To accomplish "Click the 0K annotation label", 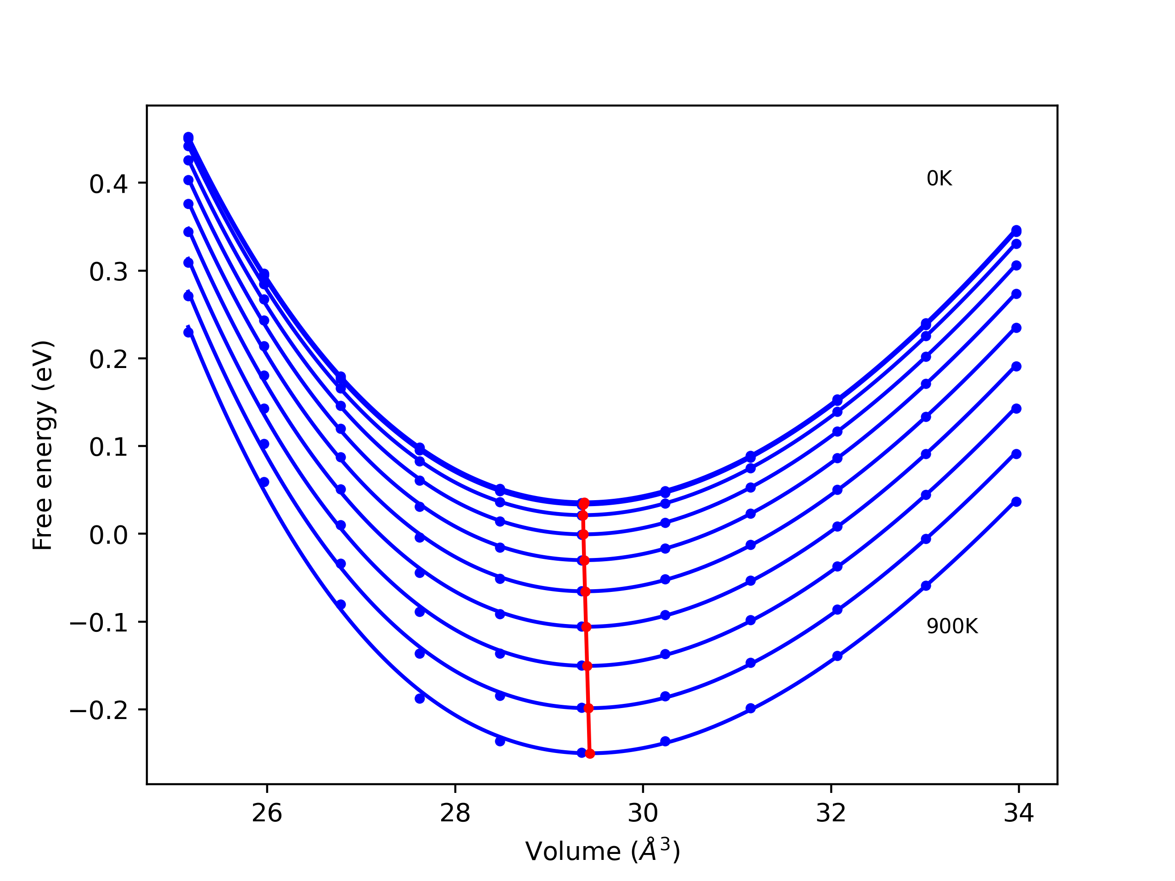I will (x=939, y=179).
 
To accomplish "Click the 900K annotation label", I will (x=952, y=627).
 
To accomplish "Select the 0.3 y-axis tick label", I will (x=108, y=272).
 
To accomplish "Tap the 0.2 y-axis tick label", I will (x=108, y=360).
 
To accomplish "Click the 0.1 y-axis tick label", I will (x=108, y=447).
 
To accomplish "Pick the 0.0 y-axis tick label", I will (x=108, y=535).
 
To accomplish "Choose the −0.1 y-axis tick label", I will (x=99, y=622).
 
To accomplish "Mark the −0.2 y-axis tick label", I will (x=99, y=710).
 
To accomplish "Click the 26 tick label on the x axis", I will (x=267, y=813).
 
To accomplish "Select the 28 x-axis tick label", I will (x=455, y=813).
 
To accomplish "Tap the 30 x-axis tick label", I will (x=643, y=813).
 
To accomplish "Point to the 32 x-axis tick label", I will (x=831, y=813).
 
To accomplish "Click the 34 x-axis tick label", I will (x=1018, y=813).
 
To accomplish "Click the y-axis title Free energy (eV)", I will (x=43, y=445).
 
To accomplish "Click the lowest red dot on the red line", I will (x=590, y=753).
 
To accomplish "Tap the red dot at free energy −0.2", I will (x=588, y=708).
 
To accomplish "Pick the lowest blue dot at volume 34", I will (x=1016, y=502).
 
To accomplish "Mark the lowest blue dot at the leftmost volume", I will (x=188, y=332).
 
